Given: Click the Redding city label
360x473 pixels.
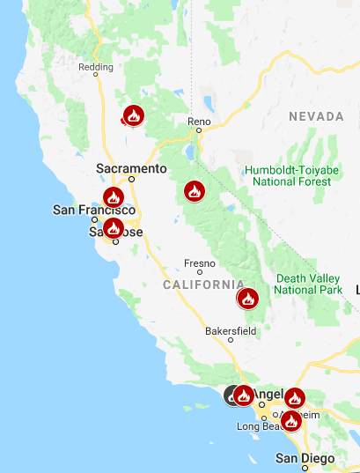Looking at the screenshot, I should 96,67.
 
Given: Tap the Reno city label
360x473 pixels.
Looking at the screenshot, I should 201,121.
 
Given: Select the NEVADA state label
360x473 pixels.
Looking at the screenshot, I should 316,116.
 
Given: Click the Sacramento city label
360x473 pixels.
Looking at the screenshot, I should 131,167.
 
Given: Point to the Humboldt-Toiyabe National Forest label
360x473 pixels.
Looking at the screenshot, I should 291,175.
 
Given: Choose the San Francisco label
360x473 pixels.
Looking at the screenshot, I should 94,210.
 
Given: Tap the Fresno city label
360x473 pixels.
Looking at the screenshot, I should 199,262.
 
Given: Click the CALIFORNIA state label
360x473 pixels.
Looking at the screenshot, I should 203,285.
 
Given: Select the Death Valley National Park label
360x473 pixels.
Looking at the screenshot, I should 308,284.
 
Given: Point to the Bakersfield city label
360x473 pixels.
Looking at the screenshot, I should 231,330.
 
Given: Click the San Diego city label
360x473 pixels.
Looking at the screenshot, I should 305,459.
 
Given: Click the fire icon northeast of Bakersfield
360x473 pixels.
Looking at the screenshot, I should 248,299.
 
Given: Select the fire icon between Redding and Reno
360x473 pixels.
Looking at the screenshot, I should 134,115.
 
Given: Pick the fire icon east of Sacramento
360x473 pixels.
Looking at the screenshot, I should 194,190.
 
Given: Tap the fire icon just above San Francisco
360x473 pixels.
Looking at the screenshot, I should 113,197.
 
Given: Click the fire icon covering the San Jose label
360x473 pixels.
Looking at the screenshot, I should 113,228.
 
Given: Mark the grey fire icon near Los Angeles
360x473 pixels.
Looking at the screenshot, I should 233,395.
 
